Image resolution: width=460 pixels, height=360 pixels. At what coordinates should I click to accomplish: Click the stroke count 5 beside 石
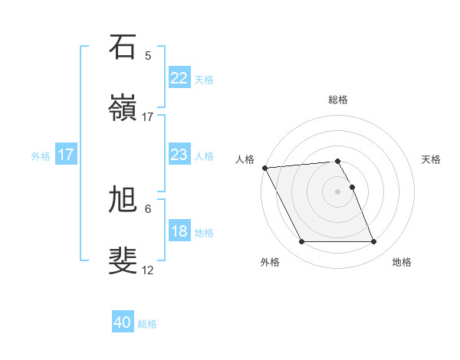point(148,55)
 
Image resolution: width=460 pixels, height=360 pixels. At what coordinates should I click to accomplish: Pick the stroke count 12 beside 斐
point(148,270)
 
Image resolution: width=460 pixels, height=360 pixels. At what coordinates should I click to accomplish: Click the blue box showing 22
point(179,78)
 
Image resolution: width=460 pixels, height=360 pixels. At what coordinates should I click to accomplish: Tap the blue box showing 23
point(179,155)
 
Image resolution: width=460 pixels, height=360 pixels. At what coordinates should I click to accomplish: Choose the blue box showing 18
point(179,231)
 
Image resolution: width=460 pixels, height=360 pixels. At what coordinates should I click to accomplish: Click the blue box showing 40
point(123,322)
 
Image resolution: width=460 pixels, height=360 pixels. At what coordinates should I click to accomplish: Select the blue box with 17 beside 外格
point(66,155)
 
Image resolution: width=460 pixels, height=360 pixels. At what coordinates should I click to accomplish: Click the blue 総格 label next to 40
point(147,324)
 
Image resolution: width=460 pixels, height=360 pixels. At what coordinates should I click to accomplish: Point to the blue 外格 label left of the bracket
point(41,155)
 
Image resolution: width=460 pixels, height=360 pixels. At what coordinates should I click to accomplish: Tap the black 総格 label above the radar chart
point(337,100)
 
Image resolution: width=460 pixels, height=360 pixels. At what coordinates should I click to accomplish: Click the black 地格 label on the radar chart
point(402,262)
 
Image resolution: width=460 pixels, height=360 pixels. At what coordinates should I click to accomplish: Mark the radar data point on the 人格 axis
point(264,168)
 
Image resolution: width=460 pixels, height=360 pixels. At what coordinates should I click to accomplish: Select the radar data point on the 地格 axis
point(373,242)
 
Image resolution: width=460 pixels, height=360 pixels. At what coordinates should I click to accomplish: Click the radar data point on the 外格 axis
point(301,242)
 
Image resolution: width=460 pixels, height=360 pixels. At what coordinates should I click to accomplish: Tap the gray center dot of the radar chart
point(337,191)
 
